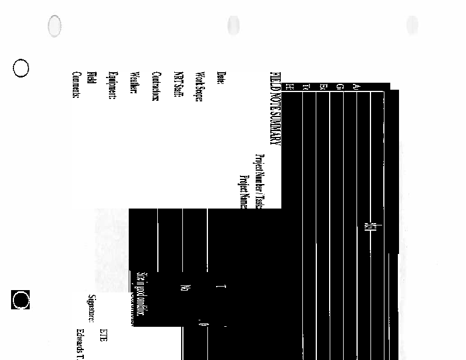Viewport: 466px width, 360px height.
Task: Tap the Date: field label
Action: [x=220, y=78]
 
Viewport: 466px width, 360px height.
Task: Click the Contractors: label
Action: [x=156, y=87]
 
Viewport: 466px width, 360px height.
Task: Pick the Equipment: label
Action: [x=113, y=86]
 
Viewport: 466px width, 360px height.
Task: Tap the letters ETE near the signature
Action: [x=103, y=334]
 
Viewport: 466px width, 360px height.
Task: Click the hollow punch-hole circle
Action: [x=21, y=68]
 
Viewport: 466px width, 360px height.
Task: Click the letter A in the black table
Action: [x=356, y=87]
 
